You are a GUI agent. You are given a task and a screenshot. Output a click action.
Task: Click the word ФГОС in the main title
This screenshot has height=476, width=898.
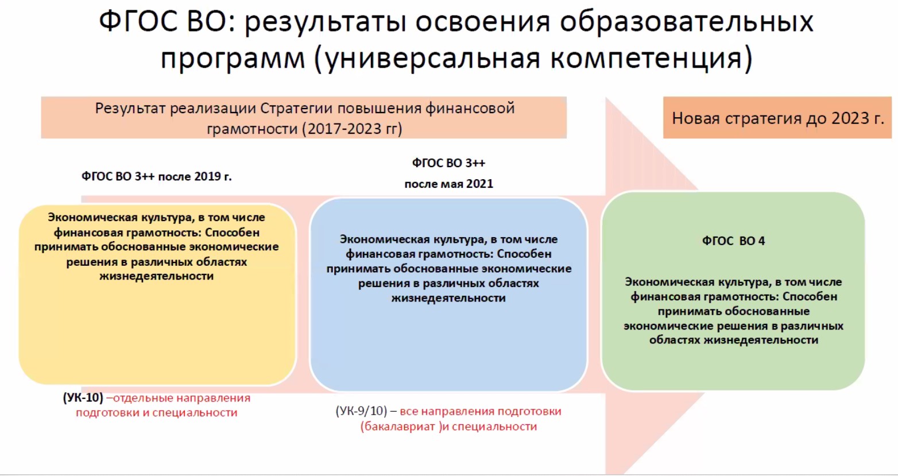coord(138,22)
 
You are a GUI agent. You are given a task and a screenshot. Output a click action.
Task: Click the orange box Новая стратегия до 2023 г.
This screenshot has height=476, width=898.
coord(777,118)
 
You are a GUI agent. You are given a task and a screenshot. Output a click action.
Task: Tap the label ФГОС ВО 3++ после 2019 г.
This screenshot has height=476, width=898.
coord(157,176)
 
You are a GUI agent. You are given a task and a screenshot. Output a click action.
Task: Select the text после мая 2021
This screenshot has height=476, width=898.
coord(448,184)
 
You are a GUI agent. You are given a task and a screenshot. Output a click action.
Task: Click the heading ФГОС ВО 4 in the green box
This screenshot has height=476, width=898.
coord(733,241)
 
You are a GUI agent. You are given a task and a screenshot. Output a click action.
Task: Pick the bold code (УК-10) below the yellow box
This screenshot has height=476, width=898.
coord(83,398)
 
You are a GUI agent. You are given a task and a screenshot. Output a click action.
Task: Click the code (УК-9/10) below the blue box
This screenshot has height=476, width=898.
coord(361,411)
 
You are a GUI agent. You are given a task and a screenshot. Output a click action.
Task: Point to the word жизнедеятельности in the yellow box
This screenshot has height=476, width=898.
coord(157,276)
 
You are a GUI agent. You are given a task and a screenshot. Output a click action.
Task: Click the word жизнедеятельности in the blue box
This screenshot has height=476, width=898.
coord(448,298)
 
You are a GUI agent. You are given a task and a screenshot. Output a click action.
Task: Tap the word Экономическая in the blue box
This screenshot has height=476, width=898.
coord(383,239)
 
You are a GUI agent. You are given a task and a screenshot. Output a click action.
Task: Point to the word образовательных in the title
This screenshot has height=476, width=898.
coord(687,22)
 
